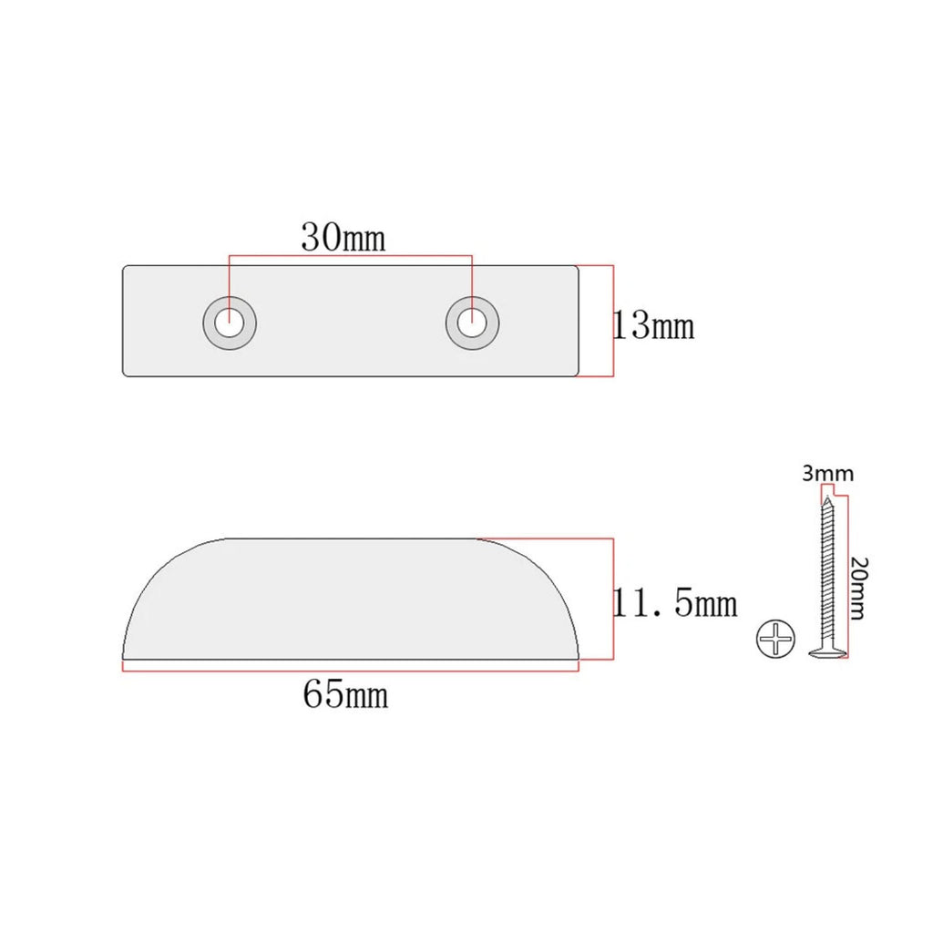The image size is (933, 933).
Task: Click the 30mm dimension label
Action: [343, 237]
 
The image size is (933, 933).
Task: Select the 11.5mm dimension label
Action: [674, 602]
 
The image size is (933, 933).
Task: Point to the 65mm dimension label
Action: [345, 693]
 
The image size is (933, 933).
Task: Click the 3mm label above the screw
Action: [827, 474]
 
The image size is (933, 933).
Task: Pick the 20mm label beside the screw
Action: [858, 588]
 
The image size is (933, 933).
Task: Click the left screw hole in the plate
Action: [230, 323]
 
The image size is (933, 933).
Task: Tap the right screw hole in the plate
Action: [473, 323]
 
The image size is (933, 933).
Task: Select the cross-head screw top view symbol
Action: [775, 639]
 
